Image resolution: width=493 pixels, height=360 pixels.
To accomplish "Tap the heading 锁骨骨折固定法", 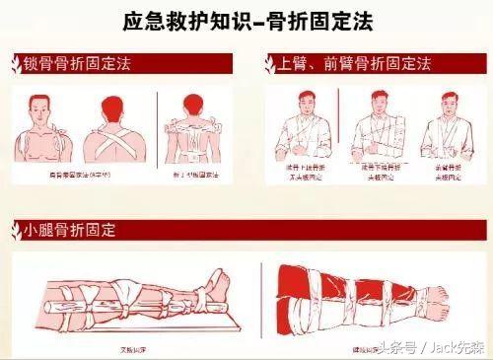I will (x=76, y=64).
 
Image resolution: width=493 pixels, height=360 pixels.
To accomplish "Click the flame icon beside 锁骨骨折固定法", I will (x=14, y=65).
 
